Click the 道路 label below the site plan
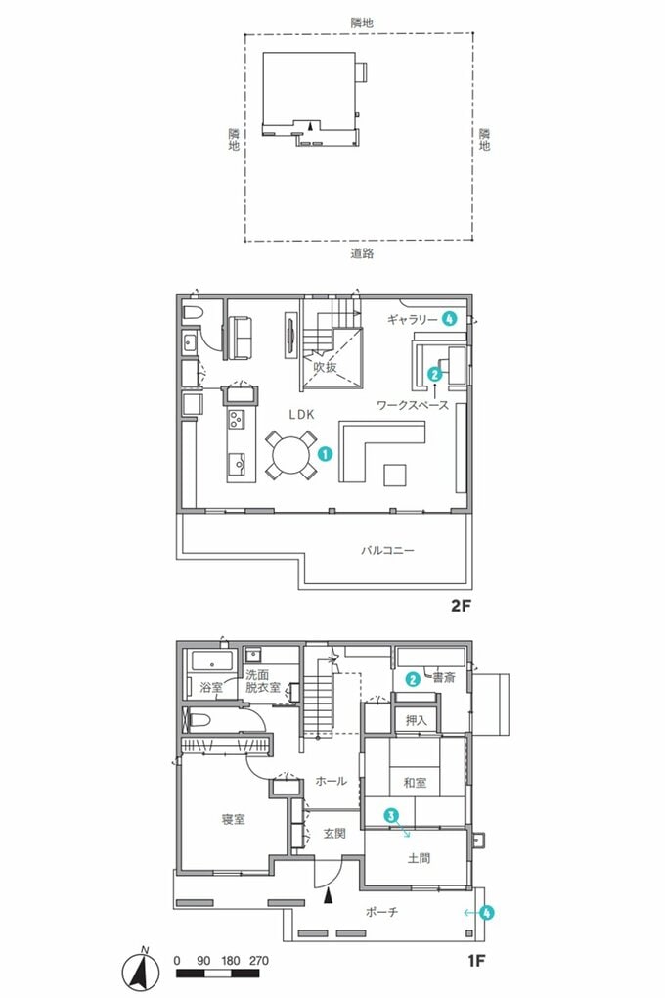[x=362, y=252]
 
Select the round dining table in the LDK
[x=290, y=455]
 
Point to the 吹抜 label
[x=325, y=368]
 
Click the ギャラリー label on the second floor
[x=410, y=319]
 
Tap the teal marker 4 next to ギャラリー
[x=449, y=318]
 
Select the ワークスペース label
[x=413, y=404]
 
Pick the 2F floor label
[x=461, y=606]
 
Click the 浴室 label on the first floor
[x=211, y=687]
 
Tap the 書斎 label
[x=445, y=677]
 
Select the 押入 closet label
[x=418, y=720]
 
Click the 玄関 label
[x=334, y=835]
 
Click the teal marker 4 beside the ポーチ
[x=487, y=912]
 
